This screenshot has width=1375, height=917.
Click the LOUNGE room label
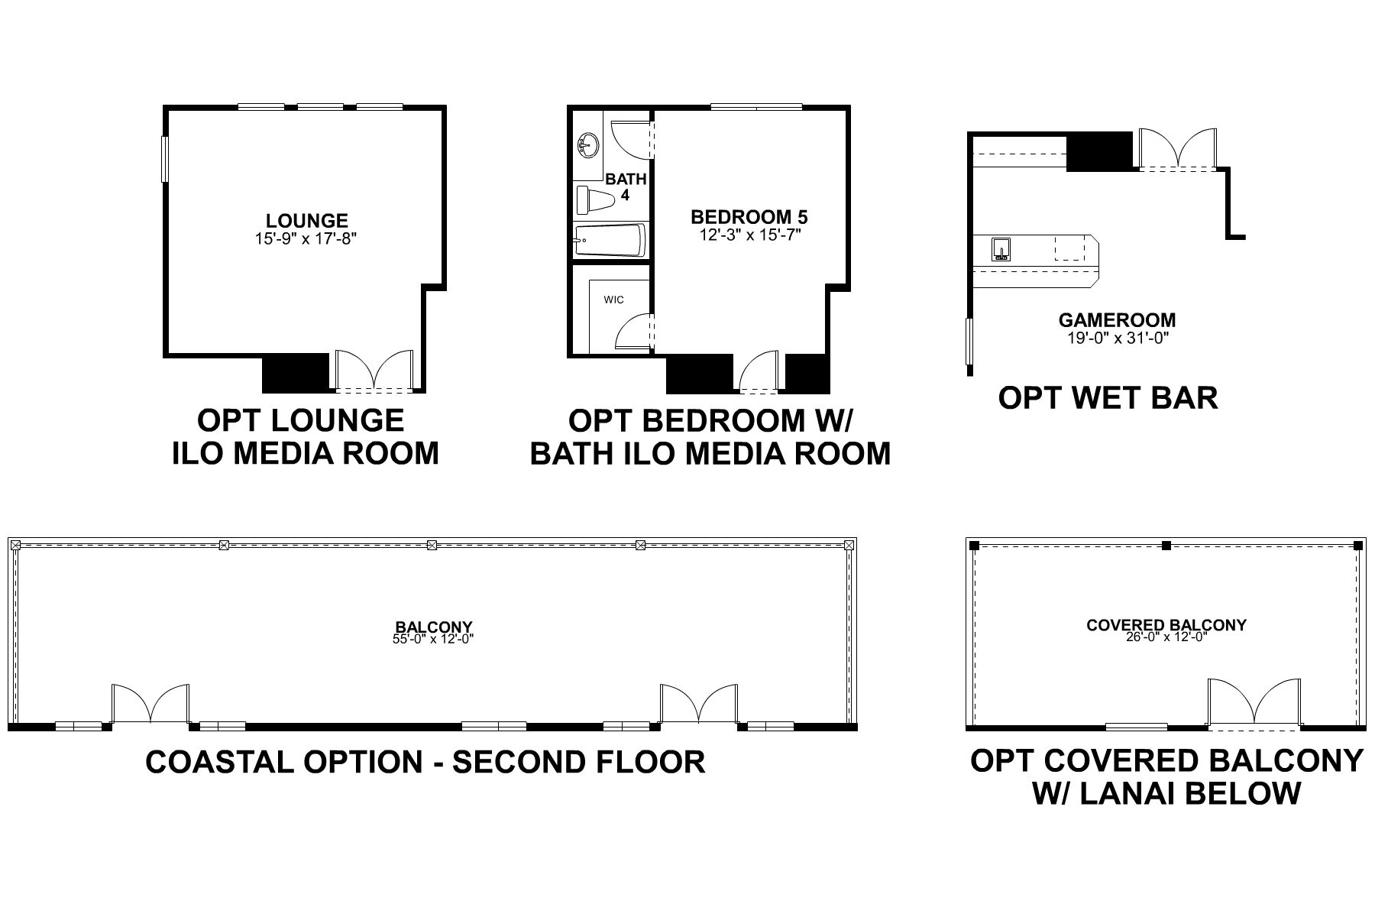coord(306,221)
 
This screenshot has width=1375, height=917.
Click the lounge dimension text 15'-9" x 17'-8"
coord(306,238)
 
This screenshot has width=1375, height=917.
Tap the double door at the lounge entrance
coord(374,372)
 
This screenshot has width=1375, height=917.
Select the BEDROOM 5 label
coord(749,217)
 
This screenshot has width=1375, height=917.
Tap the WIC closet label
coord(613,300)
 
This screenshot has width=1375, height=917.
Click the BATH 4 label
coord(626,187)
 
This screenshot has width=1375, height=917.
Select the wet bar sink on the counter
coord(1001,249)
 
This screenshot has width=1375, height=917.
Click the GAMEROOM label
coord(1117,321)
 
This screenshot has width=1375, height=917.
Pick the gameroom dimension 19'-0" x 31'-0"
coord(1118,339)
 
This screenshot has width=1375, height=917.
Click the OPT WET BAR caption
coord(1108,398)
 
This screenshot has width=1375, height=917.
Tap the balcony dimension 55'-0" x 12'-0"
coord(434,640)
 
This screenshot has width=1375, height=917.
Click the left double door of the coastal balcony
coord(150,705)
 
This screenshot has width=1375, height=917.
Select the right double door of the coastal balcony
coord(699,705)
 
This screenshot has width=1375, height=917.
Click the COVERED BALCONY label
coord(1166,625)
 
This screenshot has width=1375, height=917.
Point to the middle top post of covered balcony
coord(1166,546)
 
